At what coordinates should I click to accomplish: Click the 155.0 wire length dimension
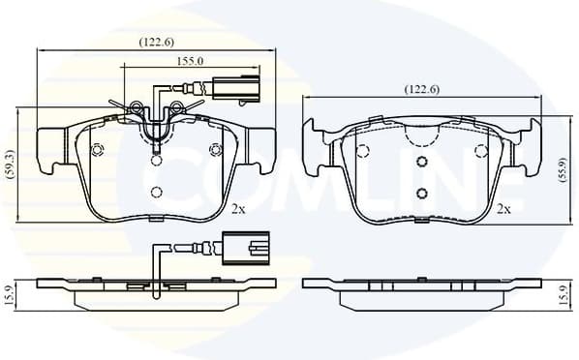pos(188,60)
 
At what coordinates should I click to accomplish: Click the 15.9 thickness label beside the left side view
pos(10,291)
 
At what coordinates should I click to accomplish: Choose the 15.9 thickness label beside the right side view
pos(564,291)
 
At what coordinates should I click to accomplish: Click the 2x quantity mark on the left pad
pos(238,208)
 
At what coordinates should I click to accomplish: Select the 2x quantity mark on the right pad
pos(503,208)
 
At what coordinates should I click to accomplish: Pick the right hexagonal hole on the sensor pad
pos(215,149)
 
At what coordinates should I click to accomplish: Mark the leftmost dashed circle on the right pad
pos(363,150)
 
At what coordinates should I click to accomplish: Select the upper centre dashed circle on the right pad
pos(422,163)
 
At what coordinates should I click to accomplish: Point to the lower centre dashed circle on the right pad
pos(422,192)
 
